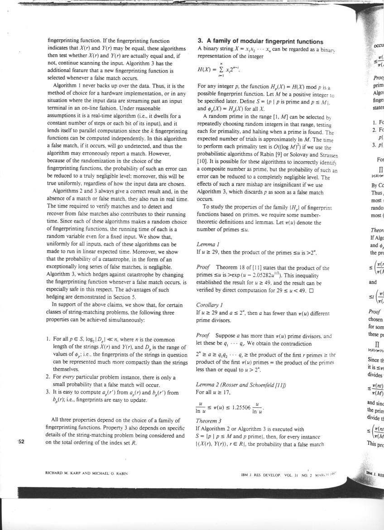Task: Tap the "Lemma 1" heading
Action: (207, 244)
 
